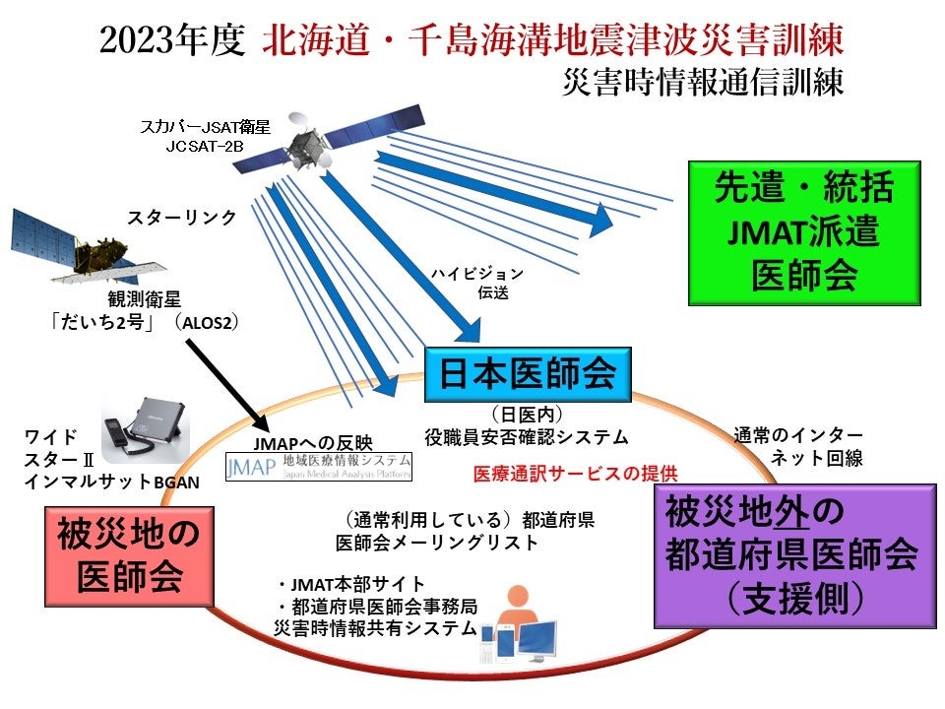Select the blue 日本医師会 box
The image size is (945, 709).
527,372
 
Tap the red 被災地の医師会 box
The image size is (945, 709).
129,555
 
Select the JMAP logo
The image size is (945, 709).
318,467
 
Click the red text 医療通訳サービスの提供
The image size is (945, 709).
576,473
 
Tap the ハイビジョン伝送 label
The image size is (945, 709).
476,283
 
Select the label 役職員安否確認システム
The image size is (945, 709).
527,435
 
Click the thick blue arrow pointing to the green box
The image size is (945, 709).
492,192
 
